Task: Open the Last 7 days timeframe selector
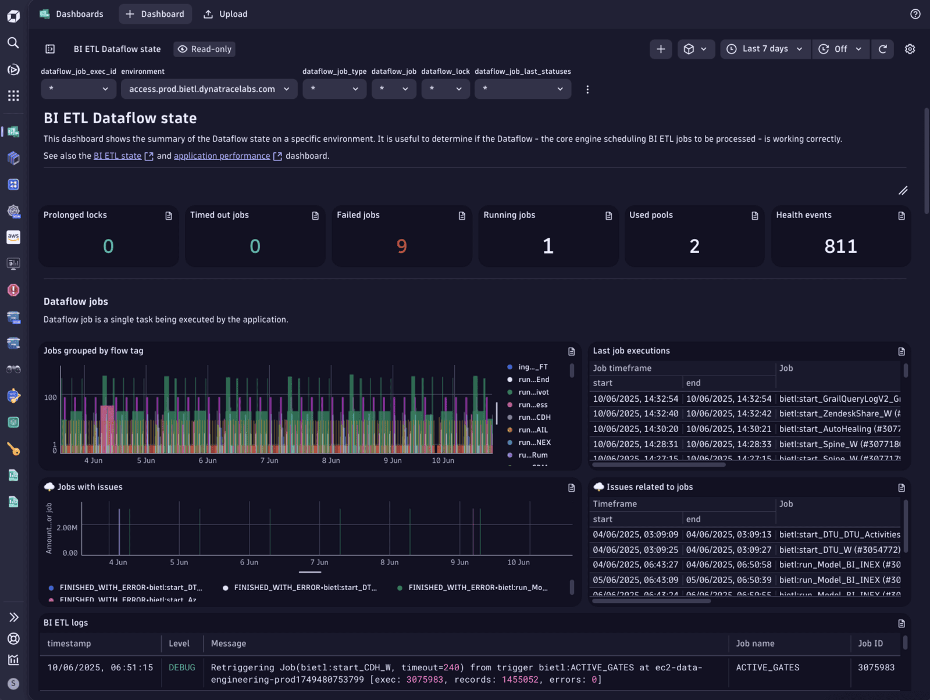coord(765,49)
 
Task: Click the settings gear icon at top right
coord(910,49)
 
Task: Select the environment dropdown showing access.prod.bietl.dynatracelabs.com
coord(209,89)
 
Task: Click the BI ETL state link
coord(117,156)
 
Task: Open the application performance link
coord(222,156)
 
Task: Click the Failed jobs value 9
coord(401,247)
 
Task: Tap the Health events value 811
coord(840,247)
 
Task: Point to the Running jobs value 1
coord(548,247)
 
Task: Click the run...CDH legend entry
coord(534,417)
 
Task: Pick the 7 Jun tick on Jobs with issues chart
coord(319,562)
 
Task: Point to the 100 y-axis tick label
coord(51,398)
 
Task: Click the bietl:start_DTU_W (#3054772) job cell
coord(839,549)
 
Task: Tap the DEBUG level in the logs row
coord(182,667)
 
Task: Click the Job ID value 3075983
coord(876,667)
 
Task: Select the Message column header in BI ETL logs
coord(229,644)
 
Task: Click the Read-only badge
coord(205,49)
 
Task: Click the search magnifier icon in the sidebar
coord(13,42)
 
